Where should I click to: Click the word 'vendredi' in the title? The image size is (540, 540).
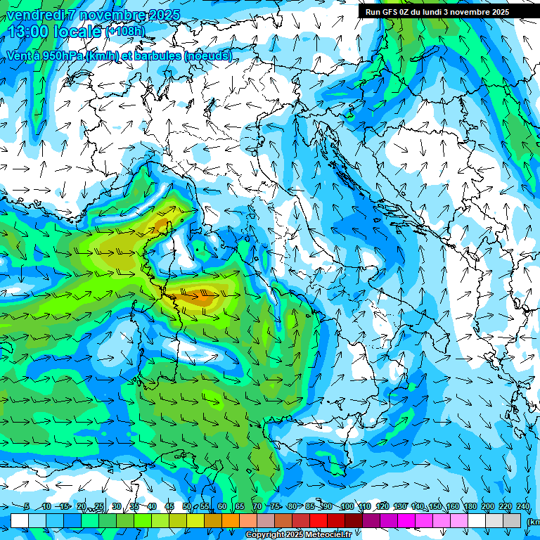pyautogui.click(x=36, y=15)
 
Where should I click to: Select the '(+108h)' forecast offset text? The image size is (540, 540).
pyautogui.click(x=125, y=32)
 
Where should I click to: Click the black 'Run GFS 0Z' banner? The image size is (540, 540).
pyautogui.click(x=437, y=11)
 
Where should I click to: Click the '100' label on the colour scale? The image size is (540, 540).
pyautogui.click(x=347, y=507)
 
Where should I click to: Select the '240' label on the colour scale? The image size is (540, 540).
pyautogui.click(x=522, y=507)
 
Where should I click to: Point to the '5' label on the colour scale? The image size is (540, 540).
pyautogui.click(x=26, y=507)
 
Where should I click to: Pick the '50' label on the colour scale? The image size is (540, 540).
pyautogui.click(x=187, y=507)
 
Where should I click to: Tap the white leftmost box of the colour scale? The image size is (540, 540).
pyautogui.click(x=19, y=520)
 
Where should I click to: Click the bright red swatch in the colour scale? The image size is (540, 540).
pyautogui.click(x=319, y=520)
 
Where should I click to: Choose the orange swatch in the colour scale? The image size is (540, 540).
pyautogui.click(x=231, y=520)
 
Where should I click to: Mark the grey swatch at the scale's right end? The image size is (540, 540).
pyautogui.click(x=512, y=520)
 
